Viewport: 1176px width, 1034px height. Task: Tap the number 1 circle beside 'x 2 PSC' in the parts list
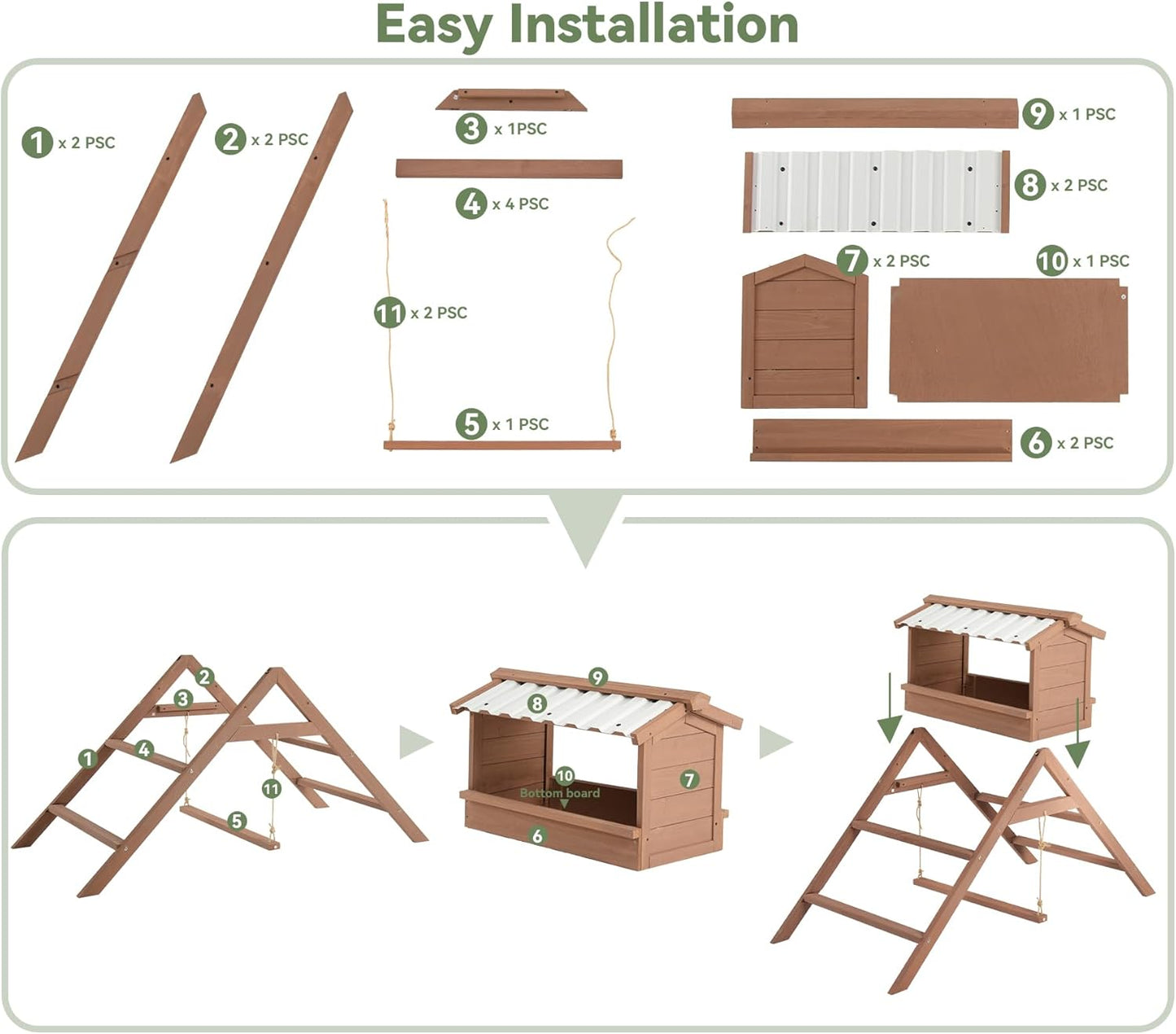click(37, 142)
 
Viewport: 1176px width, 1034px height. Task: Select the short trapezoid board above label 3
click(510, 100)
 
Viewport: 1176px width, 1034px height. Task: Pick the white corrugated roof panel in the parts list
click(876, 191)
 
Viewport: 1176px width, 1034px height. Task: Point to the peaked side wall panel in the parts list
click(804, 334)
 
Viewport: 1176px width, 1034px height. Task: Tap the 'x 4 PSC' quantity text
click(520, 204)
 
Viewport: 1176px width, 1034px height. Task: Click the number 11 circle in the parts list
click(390, 313)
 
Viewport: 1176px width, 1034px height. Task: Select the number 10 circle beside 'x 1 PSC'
click(1051, 261)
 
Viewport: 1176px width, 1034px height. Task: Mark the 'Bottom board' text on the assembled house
click(559, 793)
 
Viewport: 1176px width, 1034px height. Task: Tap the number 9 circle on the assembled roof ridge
click(598, 677)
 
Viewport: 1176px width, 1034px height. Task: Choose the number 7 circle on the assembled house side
click(689, 779)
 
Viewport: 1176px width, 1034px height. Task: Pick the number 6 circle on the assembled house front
click(537, 835)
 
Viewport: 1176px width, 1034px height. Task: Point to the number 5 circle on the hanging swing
click(237, 821)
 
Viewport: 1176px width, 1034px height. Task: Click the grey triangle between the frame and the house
click(416, 742)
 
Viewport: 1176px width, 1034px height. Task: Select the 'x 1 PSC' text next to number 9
click(1086, 115)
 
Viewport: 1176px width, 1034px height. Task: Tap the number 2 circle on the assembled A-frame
click(204, 677)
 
